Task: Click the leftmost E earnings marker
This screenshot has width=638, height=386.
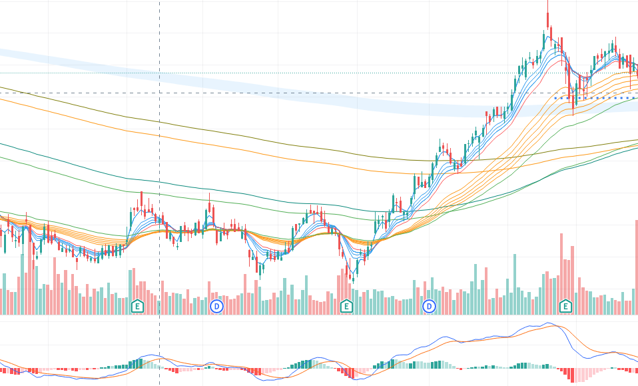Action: (137, 306)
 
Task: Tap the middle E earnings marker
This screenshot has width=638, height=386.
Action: (346, 306)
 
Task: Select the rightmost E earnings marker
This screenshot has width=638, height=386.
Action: (565, 306)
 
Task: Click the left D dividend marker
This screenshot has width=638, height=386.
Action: (216, 306)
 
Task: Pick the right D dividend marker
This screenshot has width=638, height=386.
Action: (430, 306)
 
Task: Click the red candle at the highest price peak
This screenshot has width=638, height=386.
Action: (547, 17)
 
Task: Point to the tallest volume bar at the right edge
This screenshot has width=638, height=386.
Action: (637, 267)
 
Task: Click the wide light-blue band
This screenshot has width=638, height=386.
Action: (266, 83)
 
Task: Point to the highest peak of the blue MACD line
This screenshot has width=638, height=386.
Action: (550, 323)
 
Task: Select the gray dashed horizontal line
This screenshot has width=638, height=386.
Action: (333, 93)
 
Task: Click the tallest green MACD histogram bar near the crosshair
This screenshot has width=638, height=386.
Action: (140, 363)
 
